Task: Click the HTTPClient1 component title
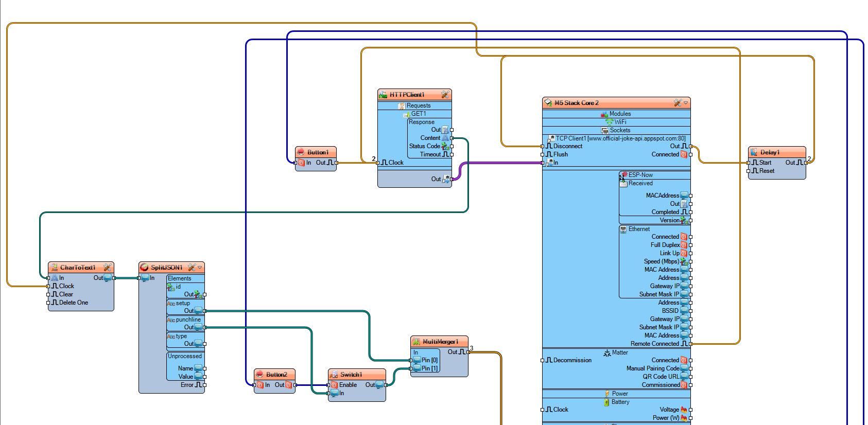point(407,95)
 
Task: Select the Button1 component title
point(317,152)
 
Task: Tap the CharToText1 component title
point(77,268)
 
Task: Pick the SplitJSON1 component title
point(166,268)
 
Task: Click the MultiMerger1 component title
point(440,342)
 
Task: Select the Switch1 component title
point(351,375)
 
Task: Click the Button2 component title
point(276,375)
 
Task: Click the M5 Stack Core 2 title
point(576,103)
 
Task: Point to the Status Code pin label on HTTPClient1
point(424,146)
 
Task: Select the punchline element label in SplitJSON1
point(188,320)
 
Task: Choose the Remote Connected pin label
point(654,344)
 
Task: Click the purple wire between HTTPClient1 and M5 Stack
point(499,163)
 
